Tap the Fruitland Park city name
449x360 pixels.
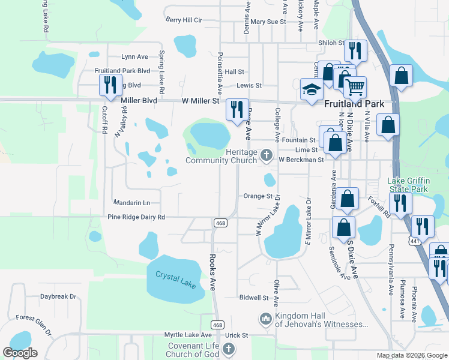pos(354,103)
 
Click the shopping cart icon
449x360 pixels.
pos(355,88)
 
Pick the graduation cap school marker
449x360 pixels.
pos(311,91)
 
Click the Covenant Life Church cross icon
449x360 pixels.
pos(228,349)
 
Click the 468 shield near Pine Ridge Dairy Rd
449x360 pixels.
pos(220,223)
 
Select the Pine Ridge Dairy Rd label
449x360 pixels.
pos(136,217)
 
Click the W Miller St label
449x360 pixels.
pos(200,101)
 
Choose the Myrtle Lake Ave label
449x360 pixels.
pos(188,335)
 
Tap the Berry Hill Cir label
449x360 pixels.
pos(184,20)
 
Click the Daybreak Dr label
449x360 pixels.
pos(58,296)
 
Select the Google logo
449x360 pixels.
pos(20,353)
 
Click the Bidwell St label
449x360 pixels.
pos(253,298)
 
